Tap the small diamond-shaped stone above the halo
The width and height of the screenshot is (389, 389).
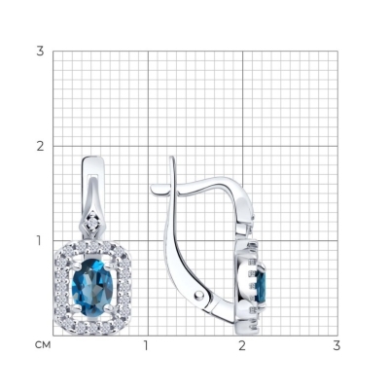coord(93,223)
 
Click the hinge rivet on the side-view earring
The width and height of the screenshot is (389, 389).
coord(198,295)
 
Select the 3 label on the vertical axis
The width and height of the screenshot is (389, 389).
coord(40,52)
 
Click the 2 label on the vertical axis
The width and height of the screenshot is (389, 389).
coord(40,146)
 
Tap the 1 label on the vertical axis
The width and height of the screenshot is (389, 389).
coord(39,241)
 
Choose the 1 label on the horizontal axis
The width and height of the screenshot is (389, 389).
coord(146,345)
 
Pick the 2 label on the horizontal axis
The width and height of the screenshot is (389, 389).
coord(242,345)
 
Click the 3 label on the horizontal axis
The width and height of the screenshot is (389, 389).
coord(336,345)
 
